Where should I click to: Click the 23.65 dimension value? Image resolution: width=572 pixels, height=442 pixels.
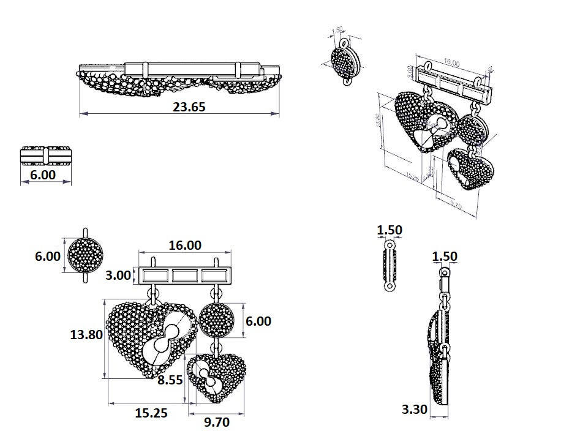(189, 107)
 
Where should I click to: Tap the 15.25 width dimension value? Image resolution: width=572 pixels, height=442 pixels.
(151, 413)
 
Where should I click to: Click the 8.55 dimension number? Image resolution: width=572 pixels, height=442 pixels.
(170, 380)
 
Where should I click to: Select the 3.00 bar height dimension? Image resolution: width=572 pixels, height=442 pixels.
(118, 275)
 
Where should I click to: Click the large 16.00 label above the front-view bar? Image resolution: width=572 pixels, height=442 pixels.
(184, 245)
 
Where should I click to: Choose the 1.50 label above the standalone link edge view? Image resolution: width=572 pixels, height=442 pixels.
(389, 230)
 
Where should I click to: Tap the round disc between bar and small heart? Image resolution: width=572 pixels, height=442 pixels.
(217, 320)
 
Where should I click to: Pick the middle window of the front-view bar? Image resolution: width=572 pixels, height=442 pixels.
(184, 275)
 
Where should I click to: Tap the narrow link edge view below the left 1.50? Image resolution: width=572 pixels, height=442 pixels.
(389, 266)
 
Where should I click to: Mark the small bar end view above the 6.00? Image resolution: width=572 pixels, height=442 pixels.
(46, 156)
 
